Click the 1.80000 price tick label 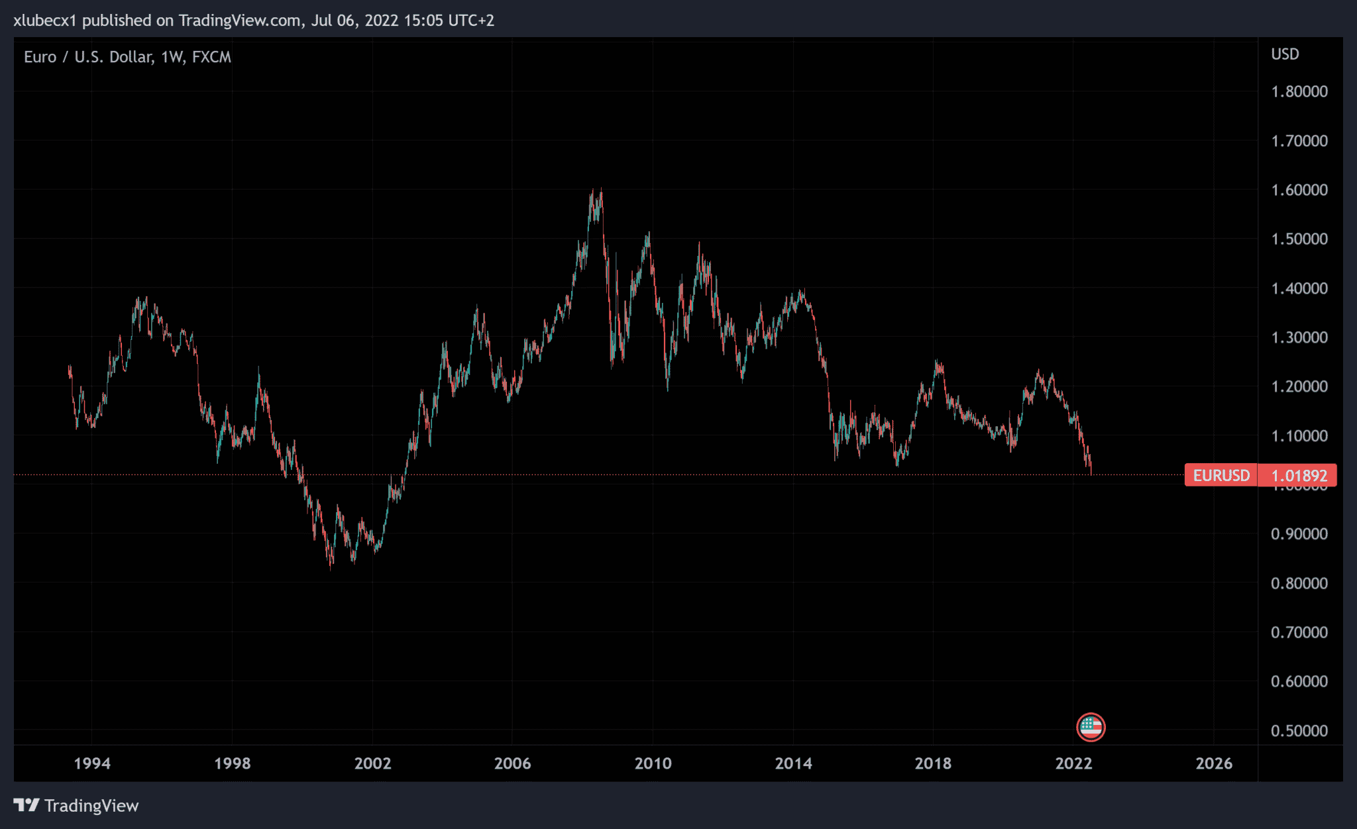pyautogui.click(x=1299, y=91)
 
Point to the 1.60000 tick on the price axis pyautogui.click(x=1299, y=190)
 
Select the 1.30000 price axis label pyautogui.click(x=1299, y=337)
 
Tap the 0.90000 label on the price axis pyautogui.click(x=1299, y=534)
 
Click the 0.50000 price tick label pyautogui.click(x=1299, y=731)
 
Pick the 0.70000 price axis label pyautogui.click(x=1299, y=632)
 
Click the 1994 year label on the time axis pyautogui.click(x=92, y=763)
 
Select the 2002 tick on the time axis pyautogui.click(x=372, y=763)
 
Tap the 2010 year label pyautogui.click(x=653, y=763)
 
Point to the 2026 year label pyautogui.click(x=1214, y=763)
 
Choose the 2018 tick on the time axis pyautogui.click(x=933, y=763)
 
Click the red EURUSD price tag pyautogui.click(x=1221, y=475)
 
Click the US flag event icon pyautogui.click(x=1091, y=727)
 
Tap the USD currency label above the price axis pyautogui.click(x=1285, y=54)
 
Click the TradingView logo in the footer pyautogui.click(x=76, y=806)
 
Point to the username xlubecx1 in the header pyautogui.click(x=45, y=21)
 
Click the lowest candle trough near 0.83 pyautogui.click(x=331, y=567)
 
